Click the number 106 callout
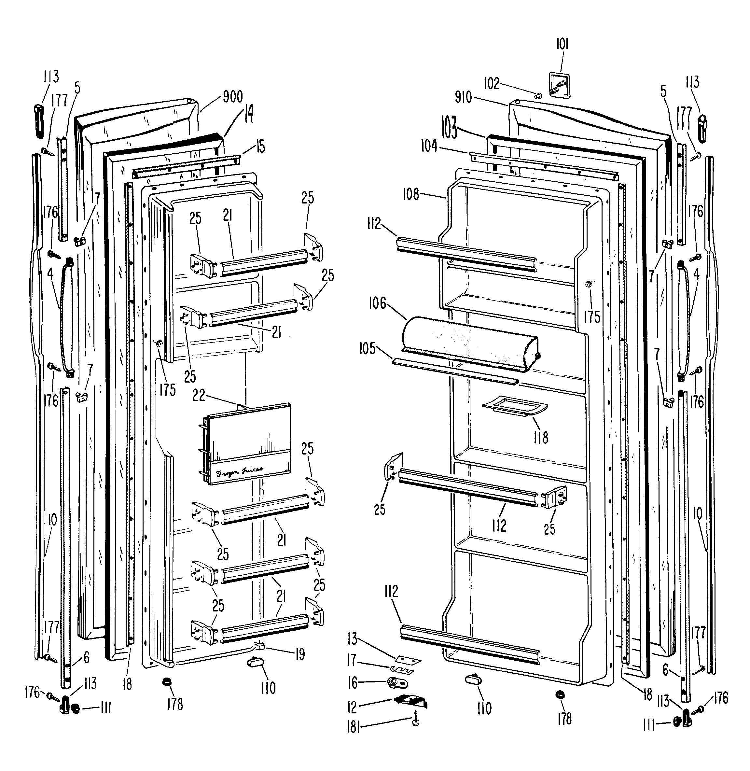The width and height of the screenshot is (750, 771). [x=377, y=303]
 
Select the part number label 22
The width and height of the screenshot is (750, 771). [x=199, y=395]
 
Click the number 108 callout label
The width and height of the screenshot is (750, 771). [x=411, y=194]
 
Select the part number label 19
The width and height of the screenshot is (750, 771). [x=300, y=655]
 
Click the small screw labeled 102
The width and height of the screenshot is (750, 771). [x=538, y=95]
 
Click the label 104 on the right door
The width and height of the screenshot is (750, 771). [x=429, y=146]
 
